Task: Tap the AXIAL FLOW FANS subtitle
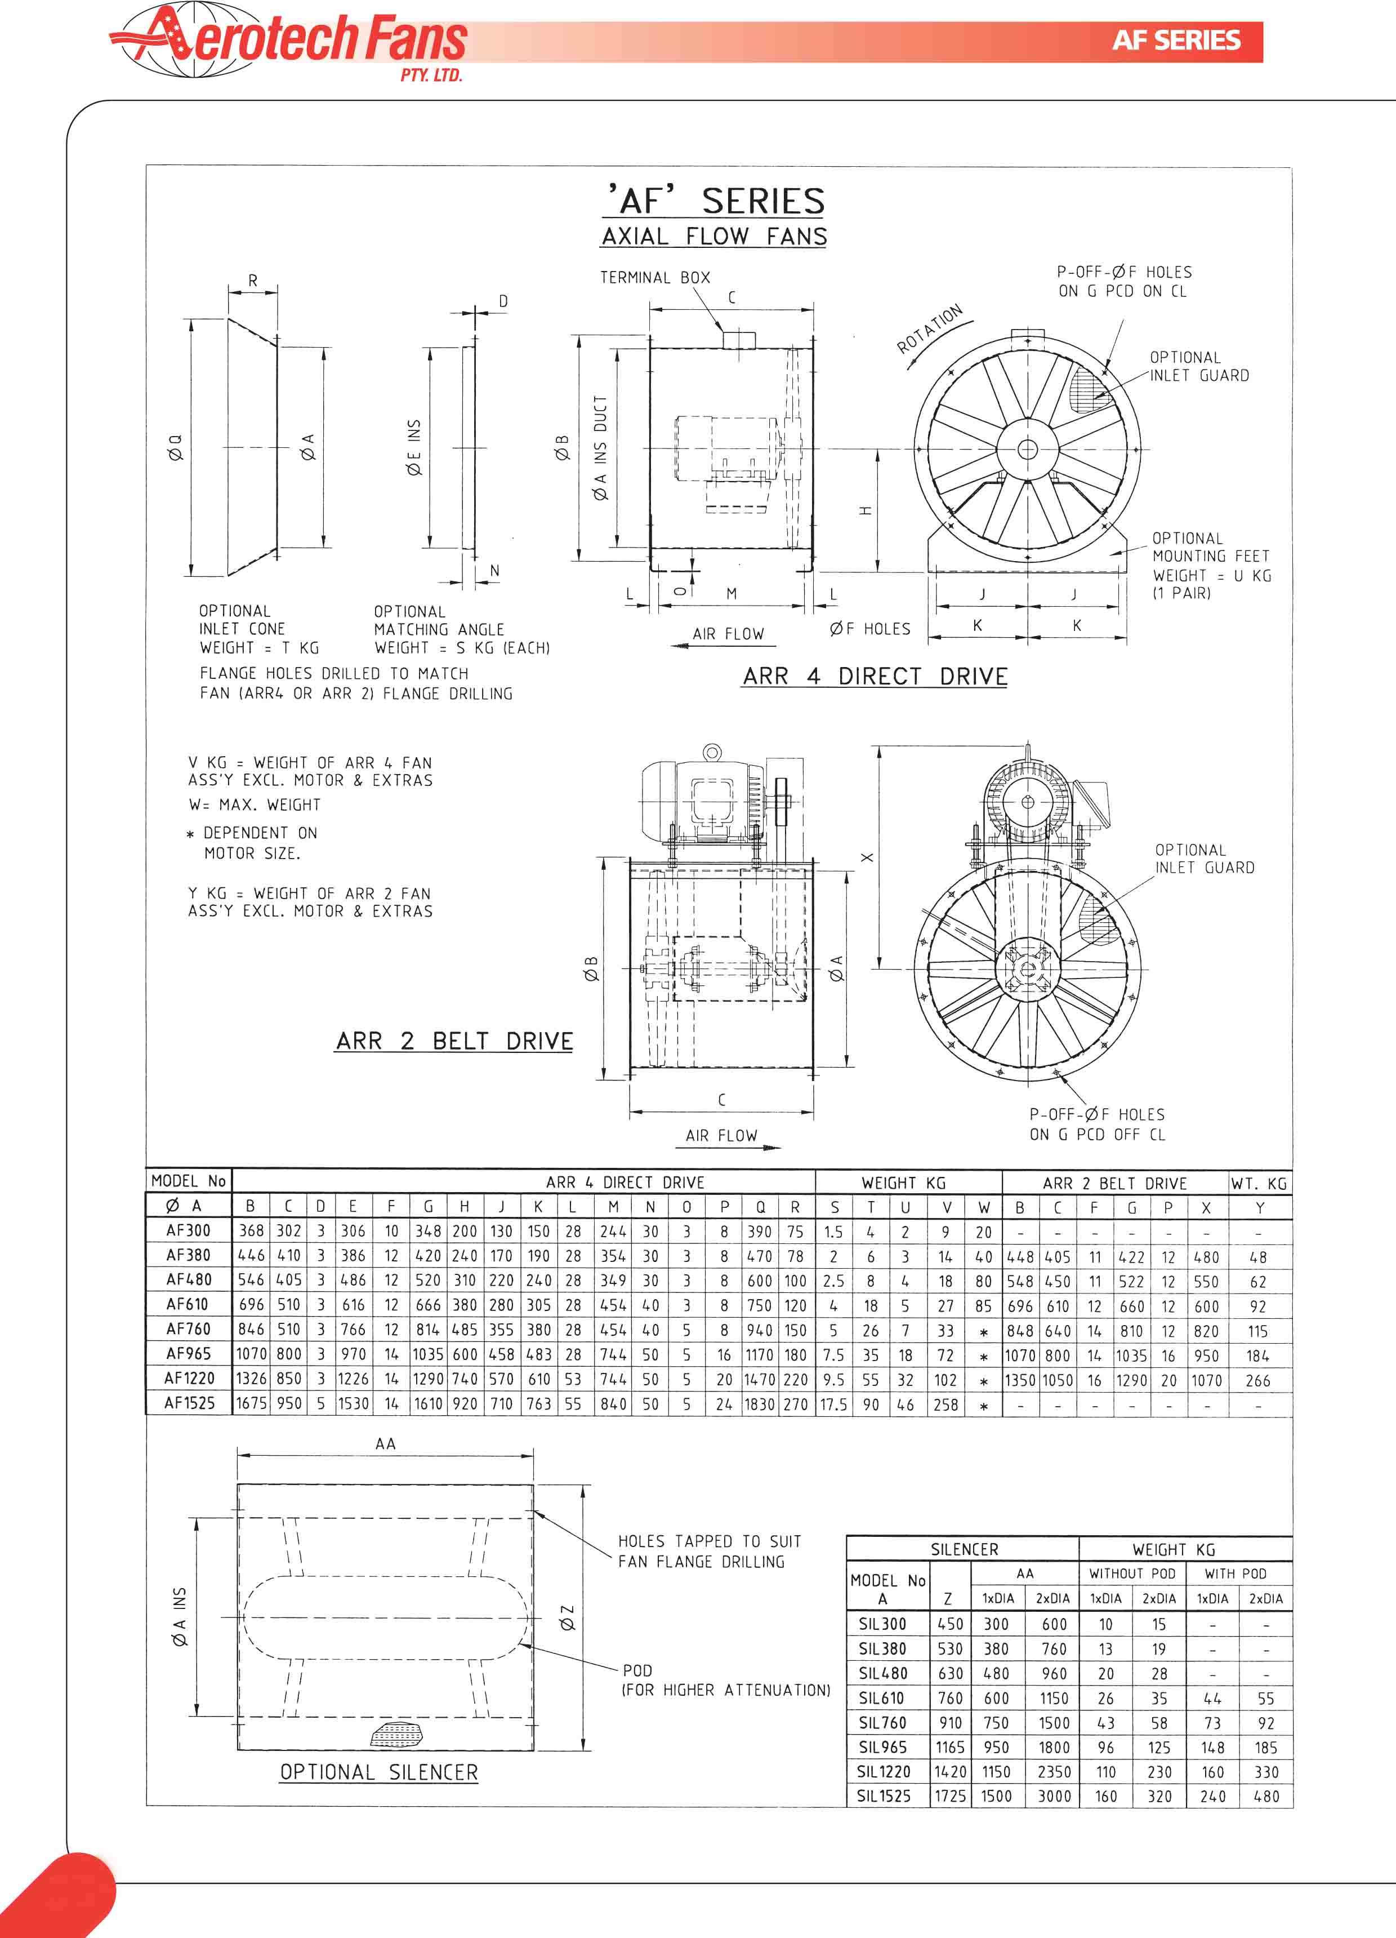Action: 713,237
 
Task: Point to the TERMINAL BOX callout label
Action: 654,278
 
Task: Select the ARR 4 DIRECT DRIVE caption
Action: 875,676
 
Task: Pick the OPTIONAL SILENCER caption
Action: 378,1772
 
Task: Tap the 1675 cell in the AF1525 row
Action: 251,1403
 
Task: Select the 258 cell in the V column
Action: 945,1404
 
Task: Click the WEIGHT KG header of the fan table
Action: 903,1183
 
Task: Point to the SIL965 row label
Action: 882,1748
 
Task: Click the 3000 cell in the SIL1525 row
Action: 1054,1796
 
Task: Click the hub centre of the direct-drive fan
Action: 1027,450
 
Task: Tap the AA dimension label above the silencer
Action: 385,1443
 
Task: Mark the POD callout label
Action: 637,1670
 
